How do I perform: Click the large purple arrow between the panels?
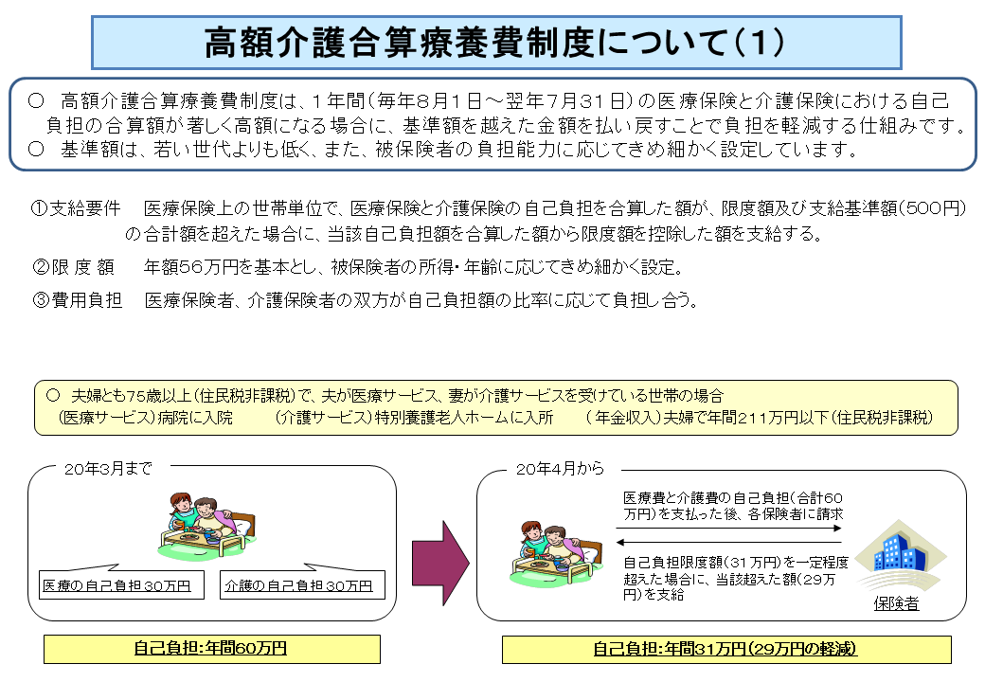tap(440, 563)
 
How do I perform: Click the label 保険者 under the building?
tap(896, 603)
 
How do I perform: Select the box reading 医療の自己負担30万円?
tap(122, 584)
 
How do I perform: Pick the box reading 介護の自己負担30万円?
tap(302, 584)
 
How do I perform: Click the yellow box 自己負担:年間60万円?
tap(212, 649)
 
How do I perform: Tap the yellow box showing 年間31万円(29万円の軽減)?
tap(726, 650)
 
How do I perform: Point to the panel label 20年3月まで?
tap(108, 469)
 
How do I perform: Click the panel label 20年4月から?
tap(560, 469)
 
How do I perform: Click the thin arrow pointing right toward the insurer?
tap(728, 529)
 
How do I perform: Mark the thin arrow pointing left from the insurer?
tap(728, 542)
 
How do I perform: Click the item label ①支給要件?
tap(76, 208)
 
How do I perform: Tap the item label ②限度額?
tap(73, 267)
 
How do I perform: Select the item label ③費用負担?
tap(77, 300)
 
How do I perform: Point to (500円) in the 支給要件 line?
tap(932, 208)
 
